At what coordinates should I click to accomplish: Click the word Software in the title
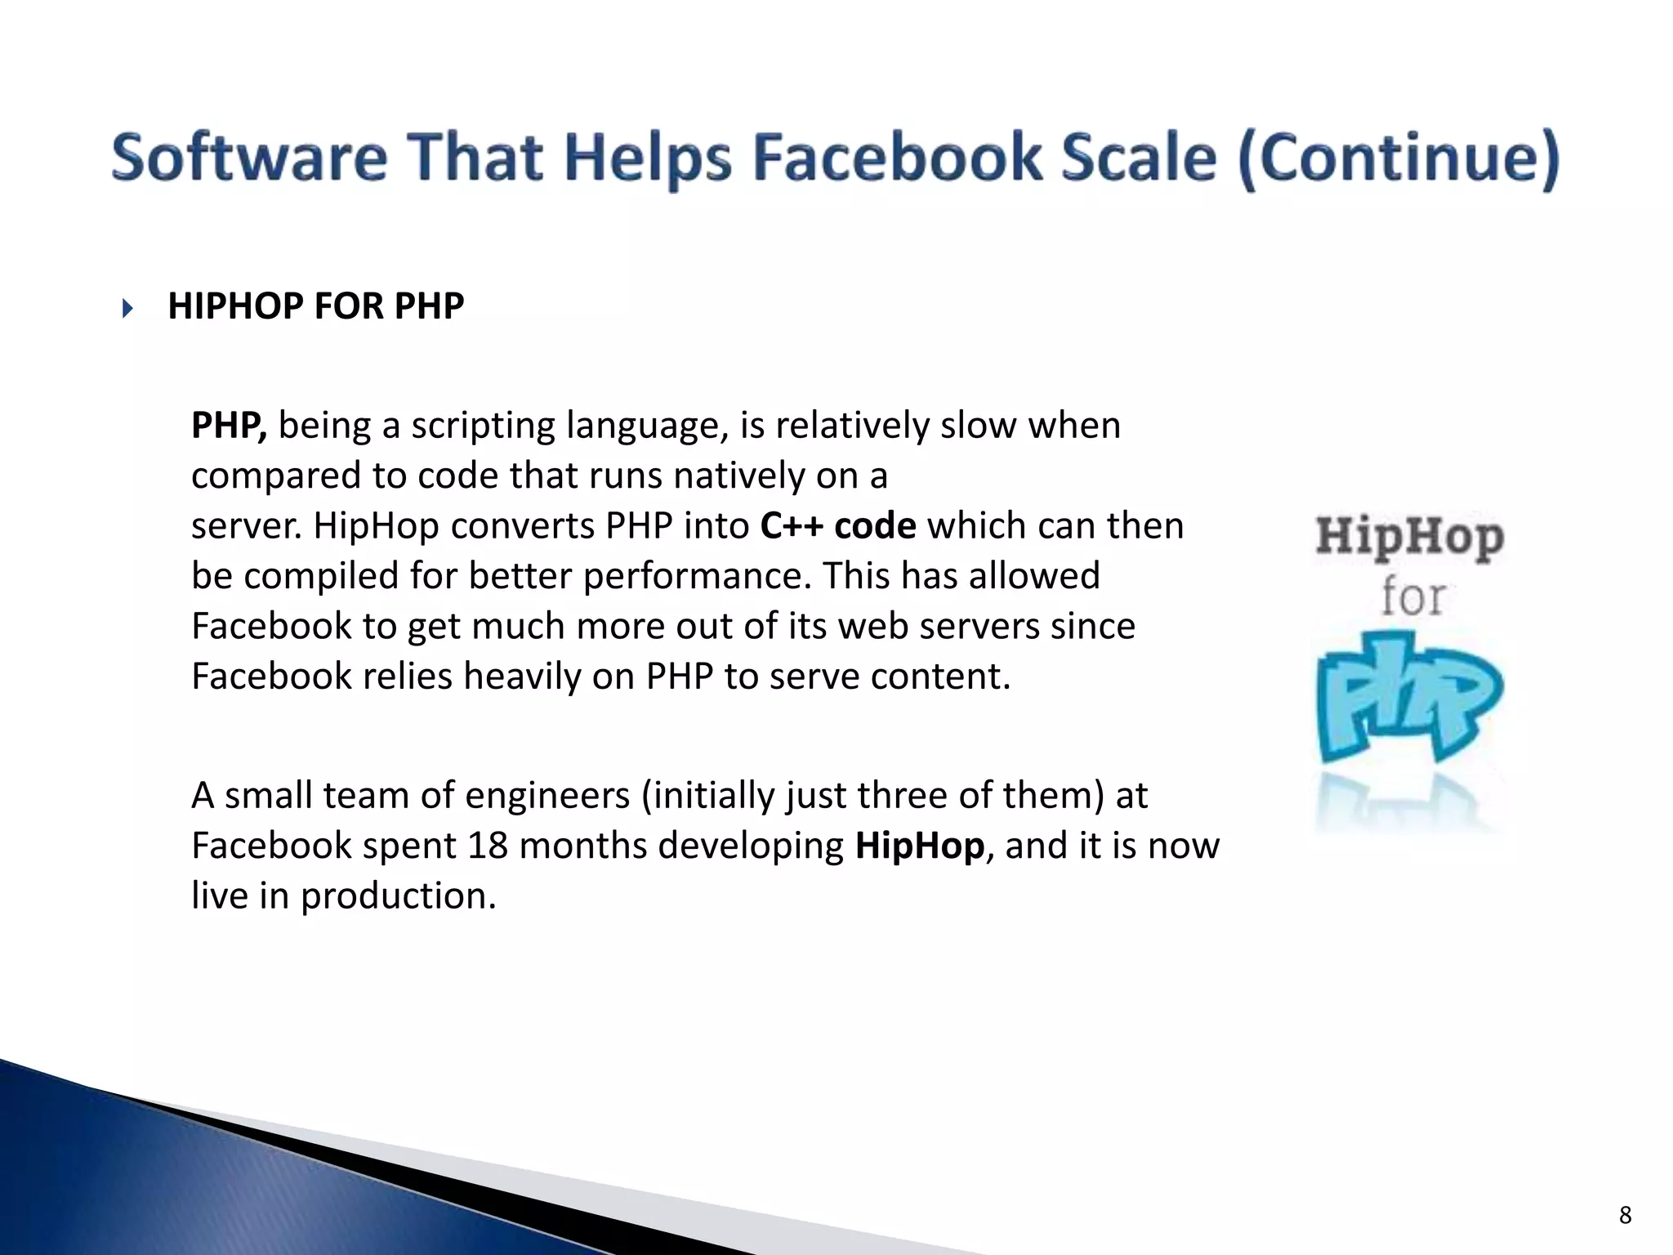tap(249, 158)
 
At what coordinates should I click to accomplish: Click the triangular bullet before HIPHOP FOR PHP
tap(127, 309)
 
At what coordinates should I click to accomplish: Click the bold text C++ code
tap(838, 526)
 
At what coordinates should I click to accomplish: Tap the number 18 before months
tap(488, 846)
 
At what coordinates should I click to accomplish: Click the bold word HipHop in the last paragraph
tap(919, 846)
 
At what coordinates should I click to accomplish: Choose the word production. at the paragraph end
tap(399, 896)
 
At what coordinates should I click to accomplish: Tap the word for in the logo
tap(1412, 597)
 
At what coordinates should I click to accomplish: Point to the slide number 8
tap(1625, 1215)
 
